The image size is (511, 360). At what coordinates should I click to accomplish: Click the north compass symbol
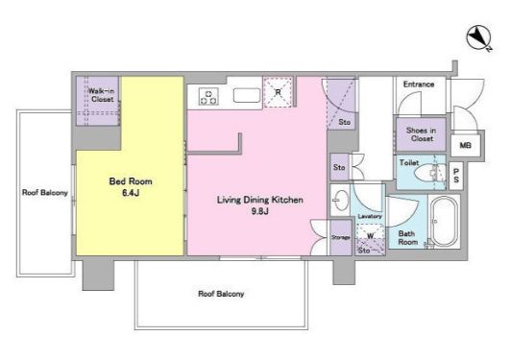coord(479,38)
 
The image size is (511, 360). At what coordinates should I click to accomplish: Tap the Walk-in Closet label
coord(102,95)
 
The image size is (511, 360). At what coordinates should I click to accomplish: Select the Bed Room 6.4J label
coord(131,187)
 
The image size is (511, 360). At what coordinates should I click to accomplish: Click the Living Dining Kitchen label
coord(260,200)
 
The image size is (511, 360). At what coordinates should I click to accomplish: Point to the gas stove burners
coord(208,97)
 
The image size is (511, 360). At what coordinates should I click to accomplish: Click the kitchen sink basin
coord(247,95)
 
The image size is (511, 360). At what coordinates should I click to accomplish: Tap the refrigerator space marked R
coord(278,92)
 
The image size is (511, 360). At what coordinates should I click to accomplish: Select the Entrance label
coord(419,84)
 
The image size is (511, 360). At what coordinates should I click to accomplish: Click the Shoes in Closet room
coord(421,134)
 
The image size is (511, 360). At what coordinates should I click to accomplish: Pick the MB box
coord(465,145)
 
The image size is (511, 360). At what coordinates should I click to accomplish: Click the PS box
coord(456,176)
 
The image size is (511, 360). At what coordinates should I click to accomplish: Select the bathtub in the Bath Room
coord(444,221)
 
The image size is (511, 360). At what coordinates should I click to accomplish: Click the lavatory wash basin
coord(340,200)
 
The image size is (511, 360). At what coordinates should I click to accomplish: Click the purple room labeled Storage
coord(341,237)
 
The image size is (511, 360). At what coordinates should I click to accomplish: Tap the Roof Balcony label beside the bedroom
coord(45,193)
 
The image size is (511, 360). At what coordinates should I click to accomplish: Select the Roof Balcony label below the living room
coord(221,294)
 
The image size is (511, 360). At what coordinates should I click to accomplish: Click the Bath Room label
coord(408,238)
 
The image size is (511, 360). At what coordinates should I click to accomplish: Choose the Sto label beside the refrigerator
coord(345,122)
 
